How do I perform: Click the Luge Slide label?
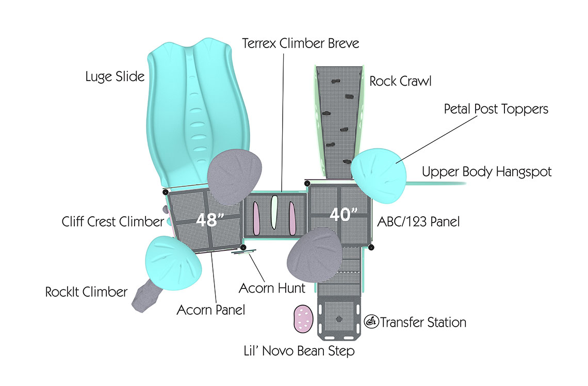point(115,77)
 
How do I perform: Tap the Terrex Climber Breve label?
point(301,43)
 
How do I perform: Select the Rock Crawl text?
point(400,81)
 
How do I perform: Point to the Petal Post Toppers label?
point(496,109)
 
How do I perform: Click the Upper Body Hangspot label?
point(486,172)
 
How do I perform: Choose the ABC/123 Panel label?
point(418,222)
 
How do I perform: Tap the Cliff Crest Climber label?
point(112,222)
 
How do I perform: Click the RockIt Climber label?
point(86,292)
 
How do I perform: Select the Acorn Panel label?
point(210,310)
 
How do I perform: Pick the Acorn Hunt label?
point(272,287)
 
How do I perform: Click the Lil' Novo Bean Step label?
point(299,351)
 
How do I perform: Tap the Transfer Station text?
point(423,323)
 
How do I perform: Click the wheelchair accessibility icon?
point(371,322)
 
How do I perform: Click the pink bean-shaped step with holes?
point(303,319)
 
